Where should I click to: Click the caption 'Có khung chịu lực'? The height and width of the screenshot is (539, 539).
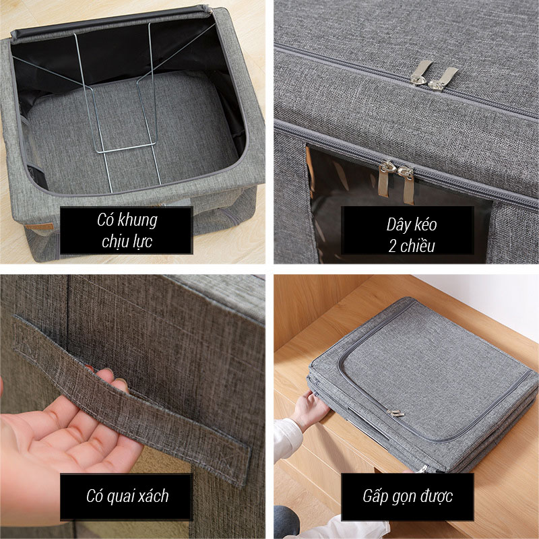pyautogui.click(x=127, y=230)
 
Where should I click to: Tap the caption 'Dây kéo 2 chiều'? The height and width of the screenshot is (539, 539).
pyautogui.click(x=412, y=234)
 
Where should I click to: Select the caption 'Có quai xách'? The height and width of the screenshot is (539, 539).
pyautogui.click(x=127, y=496)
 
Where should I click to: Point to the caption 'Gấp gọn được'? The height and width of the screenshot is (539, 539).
pyautogui.click(x=408, y=497)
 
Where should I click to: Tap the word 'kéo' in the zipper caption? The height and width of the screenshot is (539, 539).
pyautogui.click(x=426, y=224)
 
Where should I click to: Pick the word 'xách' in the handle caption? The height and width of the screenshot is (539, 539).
pyautogui.click(x=154, y=496)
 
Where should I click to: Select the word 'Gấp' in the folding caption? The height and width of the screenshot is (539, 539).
pyautogui.click(x=375, y=497)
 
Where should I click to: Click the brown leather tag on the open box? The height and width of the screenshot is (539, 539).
pyautogui.click(x=40, y=226)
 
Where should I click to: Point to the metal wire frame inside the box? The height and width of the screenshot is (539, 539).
pyautogui.click(x=117, y=103)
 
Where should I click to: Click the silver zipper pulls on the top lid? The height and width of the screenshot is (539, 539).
pyautogui.click(x=434, y=75)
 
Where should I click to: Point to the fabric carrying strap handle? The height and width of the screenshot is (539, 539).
pyautogui.click(x=131, y=402)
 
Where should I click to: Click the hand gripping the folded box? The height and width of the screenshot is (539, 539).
pyautogui.click(x=310, y=408)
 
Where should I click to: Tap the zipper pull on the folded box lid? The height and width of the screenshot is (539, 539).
pyautogui.click(x=395, y=413)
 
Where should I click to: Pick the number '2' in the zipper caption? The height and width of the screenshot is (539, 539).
pyautogui.click(x=392, y=246)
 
